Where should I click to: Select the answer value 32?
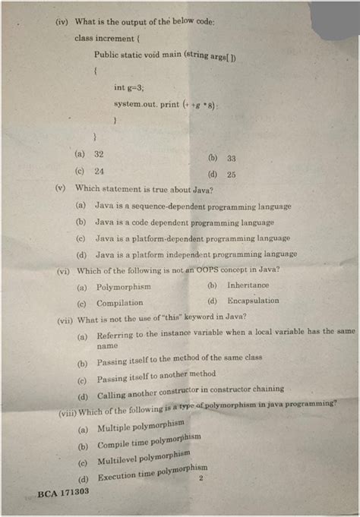pyautogui.click(x=99, y=153)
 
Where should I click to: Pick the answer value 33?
pyautogui.click(x=231, y=159)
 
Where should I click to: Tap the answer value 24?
pyautogui.click(x=99, y=171)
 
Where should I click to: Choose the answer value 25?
pyautogui.click(x=231, y=175)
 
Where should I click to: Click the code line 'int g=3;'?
pyautogui.click(x=129, y=87)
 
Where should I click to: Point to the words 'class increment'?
pyautogui.click(x=104, y=37)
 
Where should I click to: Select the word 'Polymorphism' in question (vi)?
pyautogui.click(x=124, y=287)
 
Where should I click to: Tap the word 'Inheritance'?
pyautogui.click(x=248, y=285)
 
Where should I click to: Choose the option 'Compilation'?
pyautogui.click(x=120, y=303)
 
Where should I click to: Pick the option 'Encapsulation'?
pyautogui.click(x=253, y=301)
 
